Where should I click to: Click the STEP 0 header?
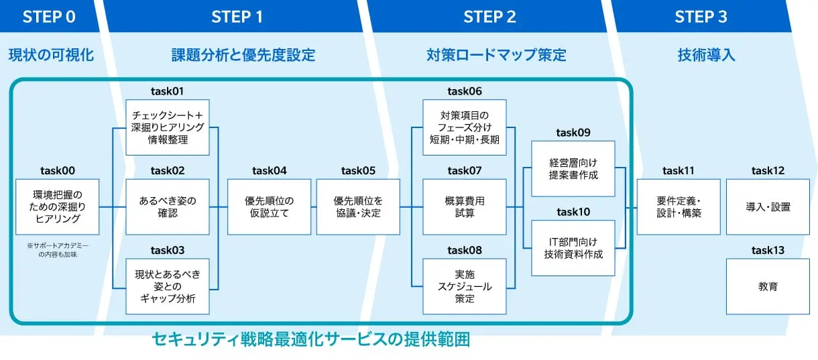[49, 17]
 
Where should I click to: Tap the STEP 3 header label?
[701, 17]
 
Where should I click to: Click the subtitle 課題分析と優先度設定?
[243, 55]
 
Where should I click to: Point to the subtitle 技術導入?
[706, 55]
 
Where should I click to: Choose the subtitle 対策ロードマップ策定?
[496, 55]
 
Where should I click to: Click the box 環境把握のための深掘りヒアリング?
[57, 206]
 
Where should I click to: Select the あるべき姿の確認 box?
[168, 206]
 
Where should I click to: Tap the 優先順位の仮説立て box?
[269, 206]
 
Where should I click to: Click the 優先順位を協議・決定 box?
[358, 206]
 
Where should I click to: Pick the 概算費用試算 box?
[465, 206]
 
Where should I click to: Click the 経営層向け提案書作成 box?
[573, 168]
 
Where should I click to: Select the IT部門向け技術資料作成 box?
[573, 248]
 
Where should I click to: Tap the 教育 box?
[768, 286]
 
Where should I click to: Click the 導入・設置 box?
[768, 206]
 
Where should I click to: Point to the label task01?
[168, 91]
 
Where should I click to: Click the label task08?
[465, 250]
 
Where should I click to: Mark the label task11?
[679, 171]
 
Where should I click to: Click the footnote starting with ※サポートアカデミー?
[57, 249]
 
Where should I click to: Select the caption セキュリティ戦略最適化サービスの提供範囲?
[311, 340]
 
